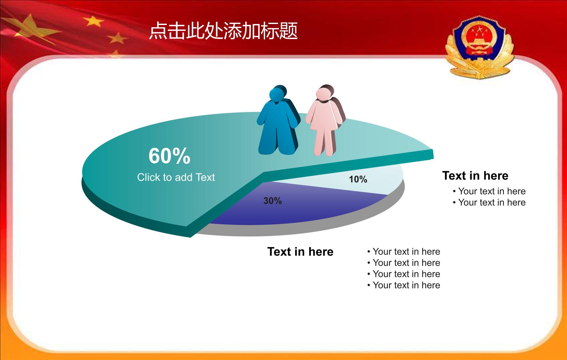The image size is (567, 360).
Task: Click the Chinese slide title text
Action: [223, 31]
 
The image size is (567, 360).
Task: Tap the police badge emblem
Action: [479, 47]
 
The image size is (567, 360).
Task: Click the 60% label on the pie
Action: [169, 156]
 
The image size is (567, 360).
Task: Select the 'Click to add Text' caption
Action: [176, 177]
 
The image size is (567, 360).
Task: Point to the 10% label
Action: [358, 179]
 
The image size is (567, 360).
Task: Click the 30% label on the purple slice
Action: [272, 201]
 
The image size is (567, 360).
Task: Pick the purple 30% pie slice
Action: [298, 205]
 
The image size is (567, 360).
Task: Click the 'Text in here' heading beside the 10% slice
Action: [475, 176]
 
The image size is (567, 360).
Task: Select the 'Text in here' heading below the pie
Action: [300, 252]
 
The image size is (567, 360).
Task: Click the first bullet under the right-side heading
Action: [489, 191]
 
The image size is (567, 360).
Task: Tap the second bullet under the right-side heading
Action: [489, 203]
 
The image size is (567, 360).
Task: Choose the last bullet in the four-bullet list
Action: [404, 285]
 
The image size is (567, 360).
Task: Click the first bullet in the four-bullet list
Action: [404, 252]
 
